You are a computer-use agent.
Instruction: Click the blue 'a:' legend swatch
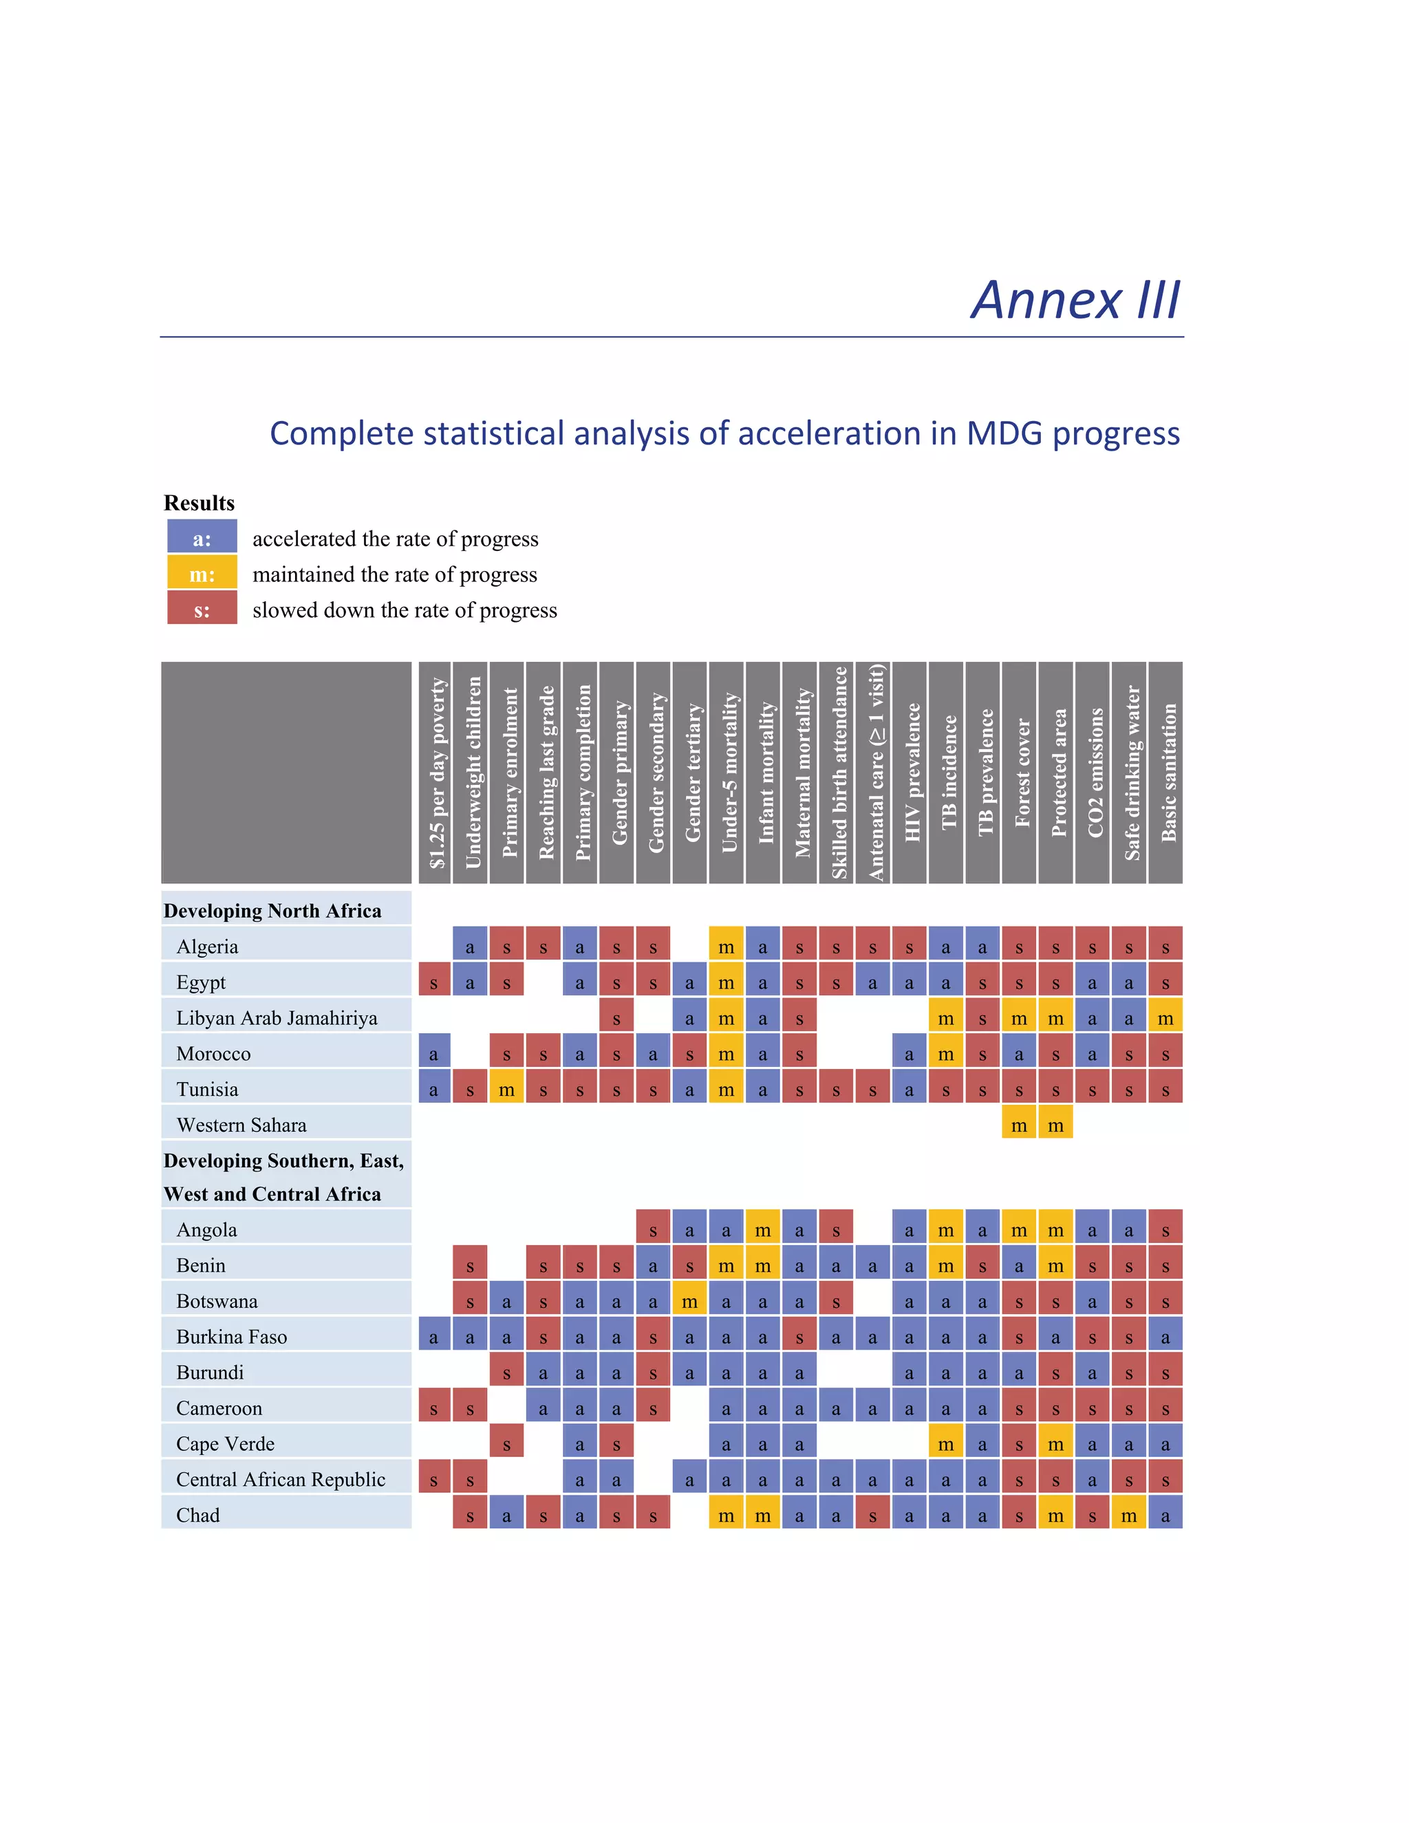coord(202,537)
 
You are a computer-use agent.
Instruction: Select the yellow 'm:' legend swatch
coord(202,574)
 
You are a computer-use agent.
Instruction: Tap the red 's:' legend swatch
coord(202,610)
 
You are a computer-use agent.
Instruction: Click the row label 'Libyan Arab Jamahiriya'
coord(277,1017)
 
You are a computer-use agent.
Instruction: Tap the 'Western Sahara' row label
coord(241,1124)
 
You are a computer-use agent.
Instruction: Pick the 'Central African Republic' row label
coord(281,1479)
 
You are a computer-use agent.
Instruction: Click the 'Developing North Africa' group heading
coord(272,911)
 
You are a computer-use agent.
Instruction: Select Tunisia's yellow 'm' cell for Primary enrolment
coord(506,1088)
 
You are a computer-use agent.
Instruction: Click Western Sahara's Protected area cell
coord(1056,1124)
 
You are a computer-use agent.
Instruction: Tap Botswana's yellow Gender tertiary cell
coord(689,1300)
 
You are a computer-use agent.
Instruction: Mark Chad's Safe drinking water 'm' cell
coord(1130,1514)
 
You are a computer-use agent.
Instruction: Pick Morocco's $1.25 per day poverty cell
coord(434,1053)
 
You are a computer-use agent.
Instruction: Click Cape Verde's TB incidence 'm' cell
coord(946,1443)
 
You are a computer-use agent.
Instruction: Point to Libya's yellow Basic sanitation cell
coord(1166,1017)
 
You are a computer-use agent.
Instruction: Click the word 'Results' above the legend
coord(199,502)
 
